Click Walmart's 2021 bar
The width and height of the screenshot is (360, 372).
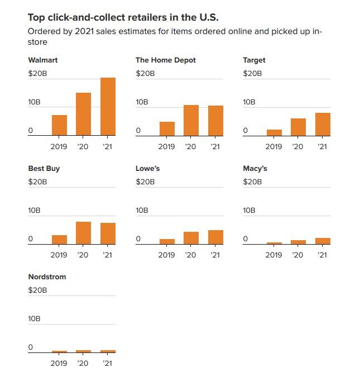[x=108, y=106]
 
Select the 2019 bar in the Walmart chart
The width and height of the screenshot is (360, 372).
[x=59, y=125]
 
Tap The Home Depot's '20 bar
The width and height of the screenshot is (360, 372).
[x=191, y=120]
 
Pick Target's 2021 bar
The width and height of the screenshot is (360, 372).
[x=323, y=124]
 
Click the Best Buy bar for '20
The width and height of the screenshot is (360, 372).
[x=83, y=233]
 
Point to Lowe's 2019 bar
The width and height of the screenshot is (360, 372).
[x=167, y=241]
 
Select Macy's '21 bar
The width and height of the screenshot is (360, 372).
[x=323, y=241]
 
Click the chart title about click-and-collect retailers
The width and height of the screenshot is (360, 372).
[x=123, y=17]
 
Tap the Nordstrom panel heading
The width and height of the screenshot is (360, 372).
[x=47, y=276]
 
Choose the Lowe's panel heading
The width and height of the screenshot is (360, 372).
[x=148, y=168]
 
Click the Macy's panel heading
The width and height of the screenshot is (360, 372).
[x=255, y=168]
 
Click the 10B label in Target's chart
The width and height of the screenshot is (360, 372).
[x=249, y=102]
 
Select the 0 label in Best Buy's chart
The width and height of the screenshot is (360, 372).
[x=31, y=239]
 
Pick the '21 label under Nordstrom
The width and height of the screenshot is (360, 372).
[x=108, y=363]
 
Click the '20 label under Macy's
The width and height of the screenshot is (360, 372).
[x=298, y=255]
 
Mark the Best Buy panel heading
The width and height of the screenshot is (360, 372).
[x=44, y=168]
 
